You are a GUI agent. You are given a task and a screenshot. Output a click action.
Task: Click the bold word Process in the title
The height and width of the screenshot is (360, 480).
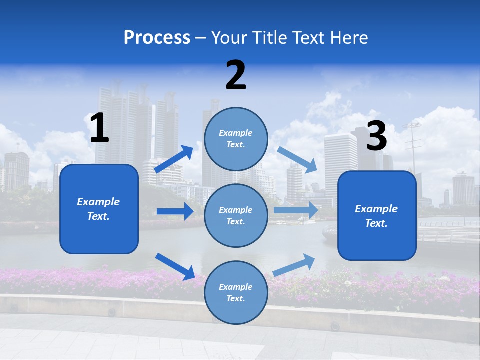tap(157, 37)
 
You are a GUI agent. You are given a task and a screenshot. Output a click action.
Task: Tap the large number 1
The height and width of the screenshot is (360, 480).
tap(99, 128)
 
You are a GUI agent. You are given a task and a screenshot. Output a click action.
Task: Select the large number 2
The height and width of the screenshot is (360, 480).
tap(236, 75)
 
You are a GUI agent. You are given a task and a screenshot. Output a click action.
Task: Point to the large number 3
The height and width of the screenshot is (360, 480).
tap(377, 136)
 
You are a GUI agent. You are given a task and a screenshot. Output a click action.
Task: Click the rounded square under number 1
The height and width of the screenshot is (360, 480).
tap(99, 209)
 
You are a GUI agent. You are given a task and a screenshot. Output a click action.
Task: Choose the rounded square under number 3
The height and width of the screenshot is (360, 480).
tap(377, 215)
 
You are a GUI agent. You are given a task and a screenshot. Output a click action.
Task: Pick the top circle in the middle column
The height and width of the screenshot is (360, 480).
tap(236, 138)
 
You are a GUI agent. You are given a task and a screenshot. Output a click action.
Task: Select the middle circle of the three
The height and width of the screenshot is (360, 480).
tap(236, 215)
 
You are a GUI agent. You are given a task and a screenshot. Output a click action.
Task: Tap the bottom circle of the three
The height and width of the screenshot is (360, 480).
tap(236, 292)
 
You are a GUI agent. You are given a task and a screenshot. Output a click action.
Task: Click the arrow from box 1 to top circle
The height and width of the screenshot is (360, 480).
tap(174, 159)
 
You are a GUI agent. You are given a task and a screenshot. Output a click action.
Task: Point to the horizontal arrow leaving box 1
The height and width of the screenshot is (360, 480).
tap(175, 211)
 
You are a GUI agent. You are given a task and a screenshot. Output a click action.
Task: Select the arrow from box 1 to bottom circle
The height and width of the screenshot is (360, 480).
tap(175, 266)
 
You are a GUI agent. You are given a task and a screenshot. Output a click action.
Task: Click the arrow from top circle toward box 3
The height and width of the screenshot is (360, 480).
tap(297, 160)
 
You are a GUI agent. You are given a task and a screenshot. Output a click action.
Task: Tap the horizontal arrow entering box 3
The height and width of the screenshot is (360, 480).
tap(296, 210)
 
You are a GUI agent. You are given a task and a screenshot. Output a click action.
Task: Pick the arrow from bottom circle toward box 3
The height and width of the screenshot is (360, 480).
tap(294, 264)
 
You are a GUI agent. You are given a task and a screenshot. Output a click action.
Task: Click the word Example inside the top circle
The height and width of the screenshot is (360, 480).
tap(236, 133)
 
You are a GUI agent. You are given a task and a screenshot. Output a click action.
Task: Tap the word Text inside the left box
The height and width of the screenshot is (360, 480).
tap(98, 216)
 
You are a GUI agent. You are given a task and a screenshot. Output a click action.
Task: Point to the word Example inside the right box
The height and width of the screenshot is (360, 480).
tap(376, 208)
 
